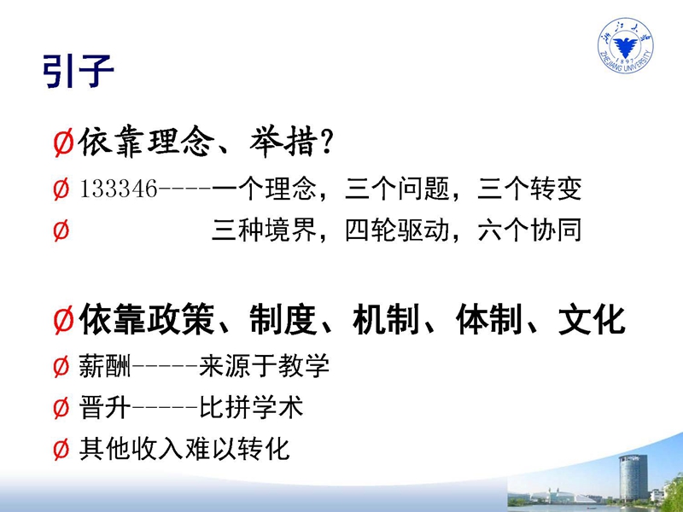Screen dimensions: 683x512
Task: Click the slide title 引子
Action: point(79,71)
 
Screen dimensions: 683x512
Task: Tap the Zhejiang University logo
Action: point(626,46)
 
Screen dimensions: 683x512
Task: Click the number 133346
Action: point(119,189)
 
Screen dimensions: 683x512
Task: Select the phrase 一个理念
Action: point(264,189)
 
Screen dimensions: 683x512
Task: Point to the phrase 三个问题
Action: point(397,189)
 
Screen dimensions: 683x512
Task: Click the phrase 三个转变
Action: point(529,189)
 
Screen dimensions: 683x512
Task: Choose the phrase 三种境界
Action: point(264,230)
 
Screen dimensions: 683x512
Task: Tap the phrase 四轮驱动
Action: point(397,230)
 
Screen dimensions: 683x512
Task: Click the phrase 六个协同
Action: point(529,230)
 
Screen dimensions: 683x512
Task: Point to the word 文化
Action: point(592,320)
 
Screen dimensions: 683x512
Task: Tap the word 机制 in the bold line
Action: point(386,320)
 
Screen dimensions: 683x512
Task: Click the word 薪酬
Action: point(105,366)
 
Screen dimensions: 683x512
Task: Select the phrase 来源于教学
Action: point(264,366)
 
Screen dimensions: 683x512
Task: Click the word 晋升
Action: point(105,408)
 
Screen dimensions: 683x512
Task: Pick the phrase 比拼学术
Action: point(251,408)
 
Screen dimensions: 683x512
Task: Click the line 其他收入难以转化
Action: point(184,449)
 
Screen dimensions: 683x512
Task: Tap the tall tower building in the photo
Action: point(633,478)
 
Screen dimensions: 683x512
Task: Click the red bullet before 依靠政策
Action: point(63,320)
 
